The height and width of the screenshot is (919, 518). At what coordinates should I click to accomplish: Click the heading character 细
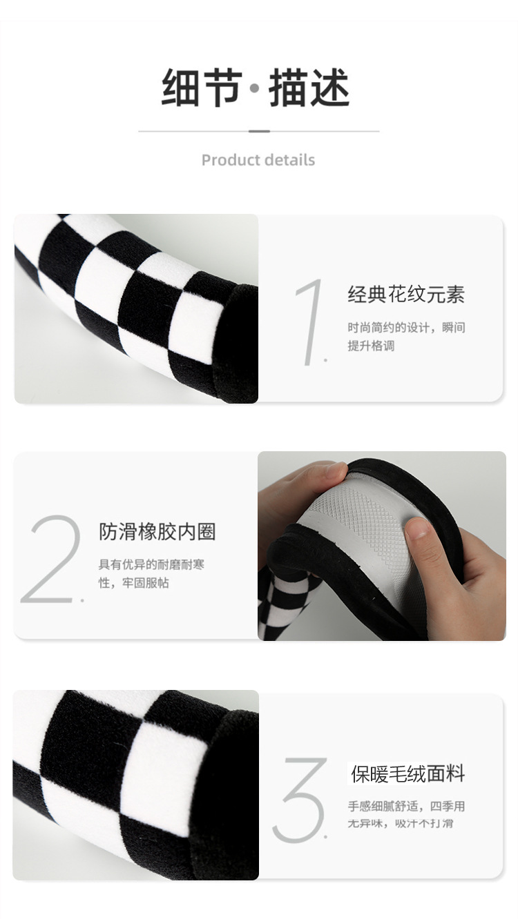pyautogui.click(x=181, y=88)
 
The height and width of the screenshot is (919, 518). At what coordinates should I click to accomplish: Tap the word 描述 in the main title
pyautogui.click(x=309, y=88)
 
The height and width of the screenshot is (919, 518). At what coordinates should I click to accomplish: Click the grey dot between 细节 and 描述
pyautogui.click(x=255, y=88)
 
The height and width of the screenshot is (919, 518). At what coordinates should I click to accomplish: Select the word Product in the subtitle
pyautogui.click(x=227, y=159)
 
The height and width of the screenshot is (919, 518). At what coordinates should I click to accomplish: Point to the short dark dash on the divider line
pyautogui.click(x=259, y=131)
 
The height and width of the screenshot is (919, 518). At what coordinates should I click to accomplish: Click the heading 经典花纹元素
pyautogui.click(x=406, y=294)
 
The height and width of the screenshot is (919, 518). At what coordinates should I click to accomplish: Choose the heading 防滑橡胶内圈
pyautogui.click(x=157, y=531)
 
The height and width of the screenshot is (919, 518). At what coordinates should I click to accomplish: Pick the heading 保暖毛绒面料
pyautogui.click(x=408, y=773)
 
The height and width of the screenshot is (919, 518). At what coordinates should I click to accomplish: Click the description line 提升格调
pyautogui.click(x=371, y=346)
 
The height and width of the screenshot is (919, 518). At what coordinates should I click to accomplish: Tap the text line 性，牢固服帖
pyautogui.click(x=134, y=582)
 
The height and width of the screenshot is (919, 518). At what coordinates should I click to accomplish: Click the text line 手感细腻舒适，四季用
pyautogui.click(x=406, y=806)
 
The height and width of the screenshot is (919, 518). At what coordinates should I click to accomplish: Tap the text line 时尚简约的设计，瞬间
pyautogui.click(x=406, y=328)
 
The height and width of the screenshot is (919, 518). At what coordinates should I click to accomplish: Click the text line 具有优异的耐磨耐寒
pyautogui.click(x=151, y=564)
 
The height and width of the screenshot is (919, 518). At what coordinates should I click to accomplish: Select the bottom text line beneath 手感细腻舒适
pyautogui.click(x=401, y=823)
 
